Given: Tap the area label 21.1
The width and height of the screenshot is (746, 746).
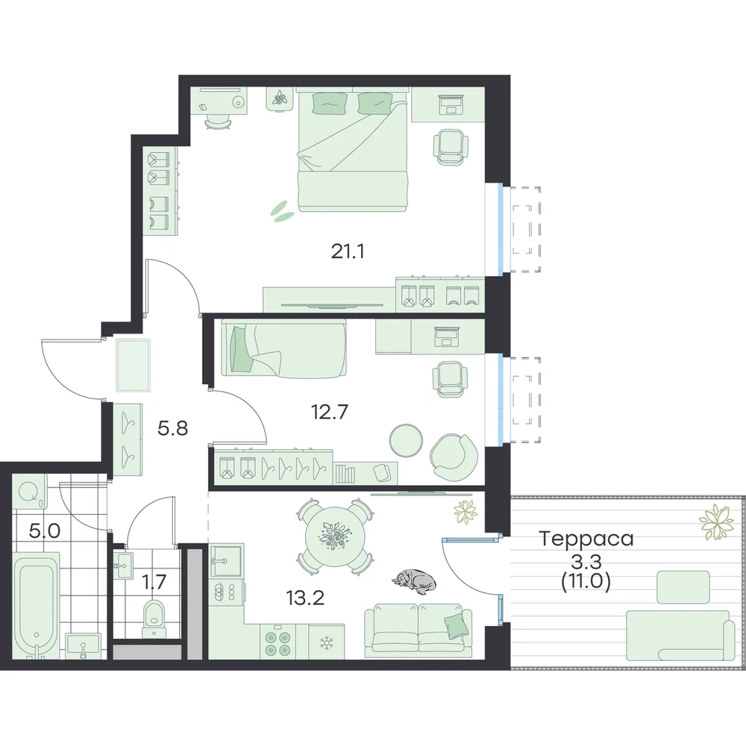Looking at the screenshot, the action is (x=348, y=251).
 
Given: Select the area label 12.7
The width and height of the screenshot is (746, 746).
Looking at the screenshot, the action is (x=330, y=412).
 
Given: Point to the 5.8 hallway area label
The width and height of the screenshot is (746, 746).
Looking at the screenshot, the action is (x=173, y=428).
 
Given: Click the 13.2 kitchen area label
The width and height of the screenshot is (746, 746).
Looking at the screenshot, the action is (x=305, y=597).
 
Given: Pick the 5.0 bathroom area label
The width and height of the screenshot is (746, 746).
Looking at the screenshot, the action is (x=45, y=530).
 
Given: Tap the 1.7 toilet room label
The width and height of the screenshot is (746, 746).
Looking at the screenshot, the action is (x=154, y=582).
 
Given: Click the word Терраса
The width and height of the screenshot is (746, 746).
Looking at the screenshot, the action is (x=586, y=539).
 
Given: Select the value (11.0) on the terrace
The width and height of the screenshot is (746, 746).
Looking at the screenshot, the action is (x=586, y=582).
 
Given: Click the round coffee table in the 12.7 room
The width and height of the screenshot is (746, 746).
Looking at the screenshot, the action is (x=406, y=439).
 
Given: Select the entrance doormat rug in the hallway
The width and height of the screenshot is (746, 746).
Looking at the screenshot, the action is (x=134, y=365).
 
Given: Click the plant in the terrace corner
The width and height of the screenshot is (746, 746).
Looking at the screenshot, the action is (x=716, y=522).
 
